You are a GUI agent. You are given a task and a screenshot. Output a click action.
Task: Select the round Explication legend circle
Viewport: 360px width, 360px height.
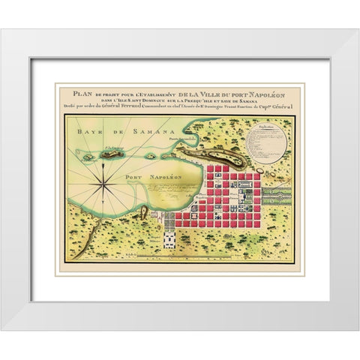click(x=265, y=140)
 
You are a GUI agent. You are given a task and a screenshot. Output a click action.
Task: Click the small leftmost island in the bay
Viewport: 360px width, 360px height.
click(x=86, y=157)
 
